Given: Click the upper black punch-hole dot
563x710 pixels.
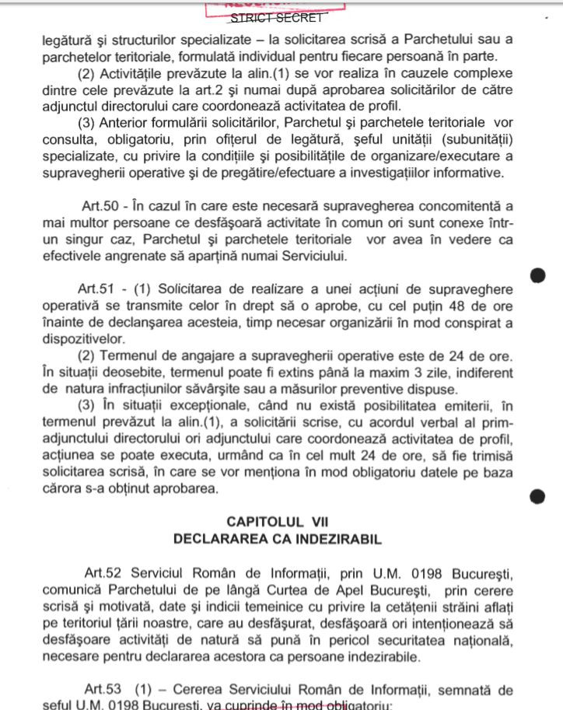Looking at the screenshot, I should click(537, 275).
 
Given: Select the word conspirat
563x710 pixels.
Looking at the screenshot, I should click(470, 323).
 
